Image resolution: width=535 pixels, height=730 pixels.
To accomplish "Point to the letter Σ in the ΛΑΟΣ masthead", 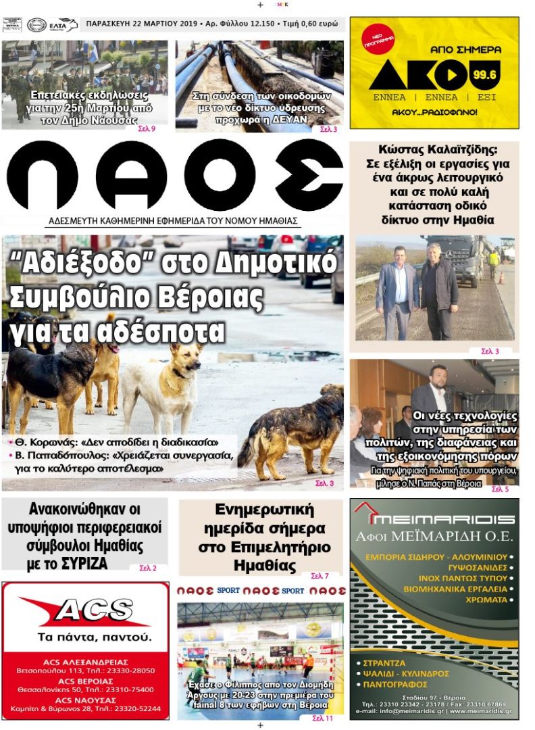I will coord(309,175).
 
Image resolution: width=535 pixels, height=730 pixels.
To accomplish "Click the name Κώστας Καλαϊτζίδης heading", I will coord(434,150).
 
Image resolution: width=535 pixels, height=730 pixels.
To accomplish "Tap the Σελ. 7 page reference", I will coord(320,576).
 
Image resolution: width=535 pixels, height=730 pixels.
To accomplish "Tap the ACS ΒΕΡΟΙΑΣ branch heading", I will coord(86,681).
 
